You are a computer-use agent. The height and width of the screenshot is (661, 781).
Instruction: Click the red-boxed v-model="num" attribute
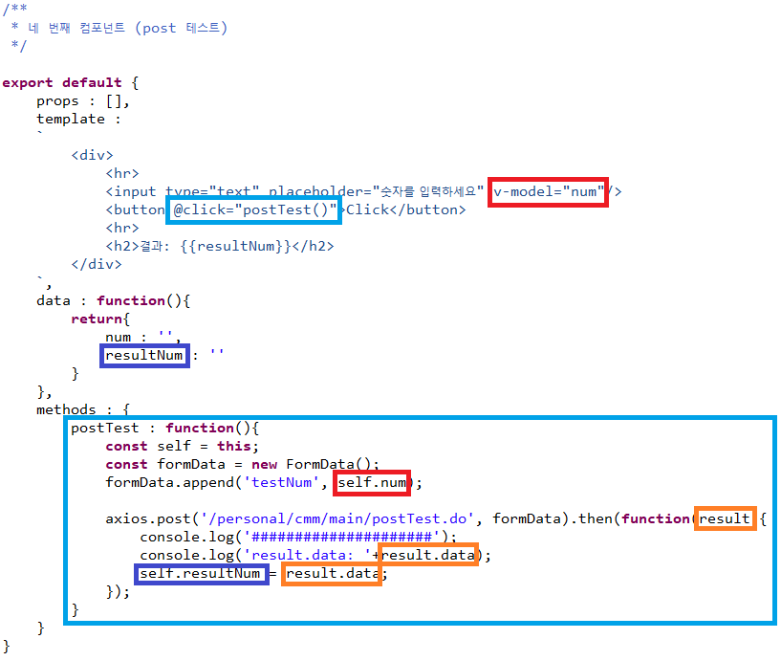(x=549, y=191)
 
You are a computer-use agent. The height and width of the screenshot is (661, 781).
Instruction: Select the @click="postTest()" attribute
(x=255, y=209)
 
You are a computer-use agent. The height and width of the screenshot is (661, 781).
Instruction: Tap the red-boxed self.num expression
(x=373, y=483)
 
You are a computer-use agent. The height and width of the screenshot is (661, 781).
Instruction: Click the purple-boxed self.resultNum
(x=200, y=574)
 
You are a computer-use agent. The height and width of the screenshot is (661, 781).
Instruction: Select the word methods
(x=67, y=409)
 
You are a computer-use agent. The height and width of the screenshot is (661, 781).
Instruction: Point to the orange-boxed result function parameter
(x=726, y=519)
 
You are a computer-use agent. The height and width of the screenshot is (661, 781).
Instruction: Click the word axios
(x=126, y=519)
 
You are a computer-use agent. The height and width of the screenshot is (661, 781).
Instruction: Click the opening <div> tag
(x=92, y=155)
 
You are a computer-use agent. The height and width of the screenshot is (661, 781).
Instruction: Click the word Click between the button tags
(x=367, y=209)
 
